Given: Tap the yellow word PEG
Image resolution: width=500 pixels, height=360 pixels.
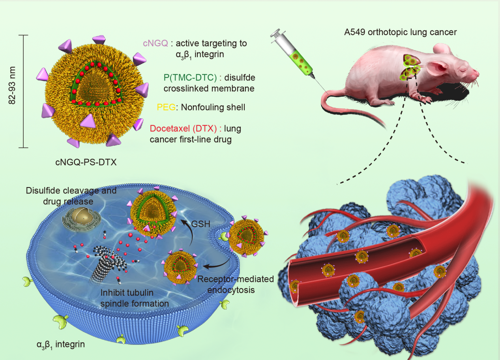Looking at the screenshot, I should coord(164,107).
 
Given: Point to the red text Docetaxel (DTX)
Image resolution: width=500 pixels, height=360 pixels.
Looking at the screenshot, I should coord(184,129).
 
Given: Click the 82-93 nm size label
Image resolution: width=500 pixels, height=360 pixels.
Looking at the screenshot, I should coord(13,91).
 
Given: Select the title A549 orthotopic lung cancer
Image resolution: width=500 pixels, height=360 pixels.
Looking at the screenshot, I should coord(400,32).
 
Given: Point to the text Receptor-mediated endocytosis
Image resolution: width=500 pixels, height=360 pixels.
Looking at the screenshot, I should coord(236,285).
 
